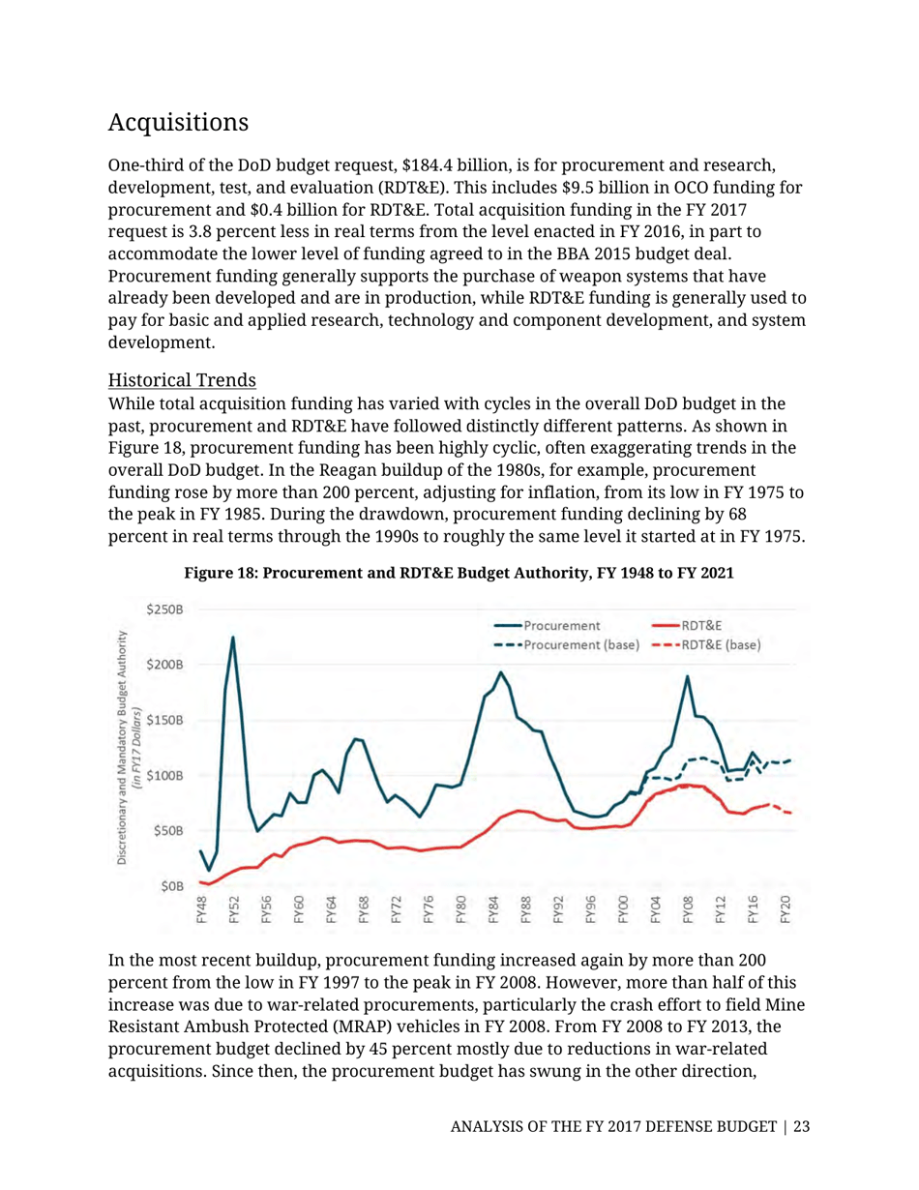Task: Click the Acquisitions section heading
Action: [x=179, y=124]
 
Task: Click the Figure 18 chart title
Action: [x=459, y=573]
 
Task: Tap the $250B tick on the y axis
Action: [x=165, y=610]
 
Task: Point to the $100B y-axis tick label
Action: [x=165, y=775]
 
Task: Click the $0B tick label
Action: [x=172, y=885]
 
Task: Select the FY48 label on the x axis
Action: [x=201, y=910]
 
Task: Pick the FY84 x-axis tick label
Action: [x=493, y=910]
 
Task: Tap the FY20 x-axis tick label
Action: [x=786, y=910]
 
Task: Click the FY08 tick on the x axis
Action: [x=688, y=910]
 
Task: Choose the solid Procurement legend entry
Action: [x=561, y=626]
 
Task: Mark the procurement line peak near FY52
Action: [x=232, y=638]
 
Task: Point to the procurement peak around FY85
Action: [x=500, y=672]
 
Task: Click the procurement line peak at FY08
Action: [x=688, y=676]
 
